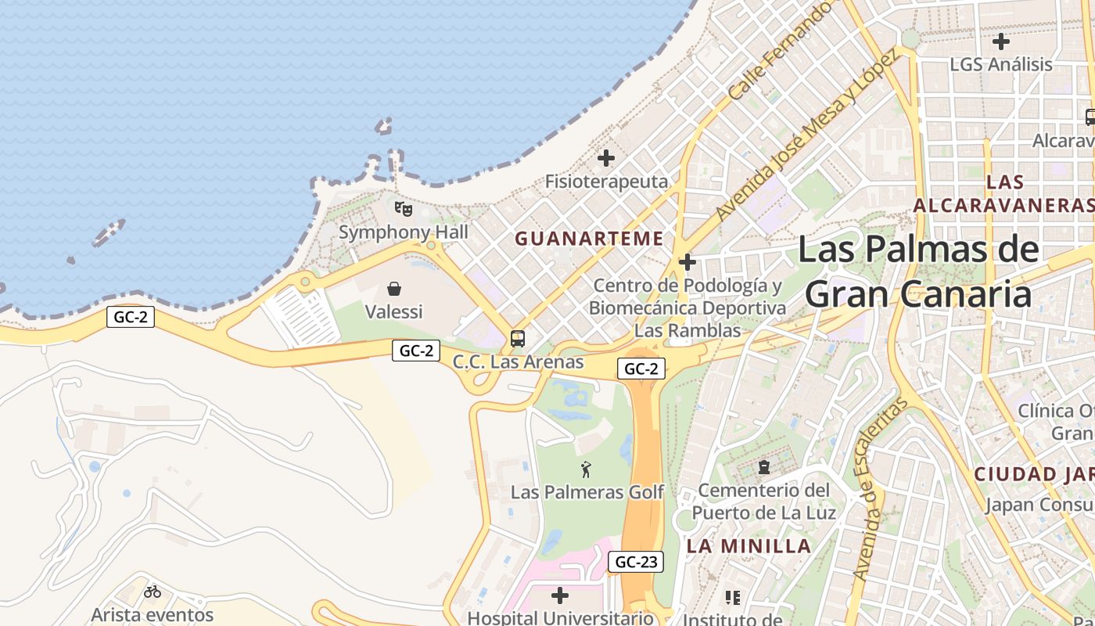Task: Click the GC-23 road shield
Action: (x=635, y=562)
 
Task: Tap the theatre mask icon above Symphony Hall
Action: (x=403, y=209)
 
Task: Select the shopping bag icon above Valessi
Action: (x=394, y=289)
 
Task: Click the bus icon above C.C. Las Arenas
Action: (x=517, y=339)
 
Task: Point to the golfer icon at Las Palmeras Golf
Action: (x=587, y=469)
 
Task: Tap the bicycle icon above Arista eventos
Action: (x=153, y=592)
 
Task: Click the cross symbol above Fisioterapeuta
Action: (x=606, y=158)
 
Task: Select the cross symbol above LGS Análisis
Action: (x=1001, y=41)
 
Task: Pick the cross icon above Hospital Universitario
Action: (x=560, y=595)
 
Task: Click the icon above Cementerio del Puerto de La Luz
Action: (x=763, y=468)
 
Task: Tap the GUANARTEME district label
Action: (x=589, y=239)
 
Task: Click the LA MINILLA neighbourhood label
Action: (x=749, y=546)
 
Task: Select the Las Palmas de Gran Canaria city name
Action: (x=918, y=272)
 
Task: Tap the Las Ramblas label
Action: (x=687, y=331)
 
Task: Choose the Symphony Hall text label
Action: (x=404, y=232)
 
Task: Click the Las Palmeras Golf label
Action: (x=587, y=492)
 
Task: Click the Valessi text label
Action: (x=394, y=311)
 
